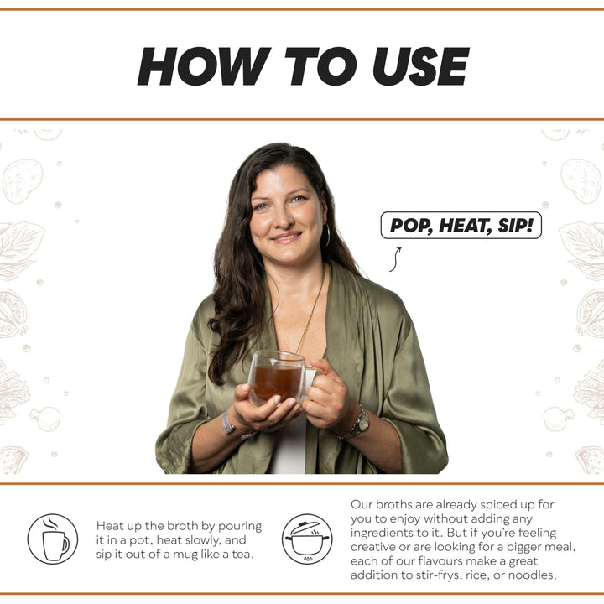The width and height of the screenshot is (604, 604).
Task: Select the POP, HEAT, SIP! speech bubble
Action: (x=461, y=226)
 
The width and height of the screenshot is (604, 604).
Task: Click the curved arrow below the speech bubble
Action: (x=394, y=258)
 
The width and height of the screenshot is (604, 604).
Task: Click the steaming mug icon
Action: (x=53, y=539)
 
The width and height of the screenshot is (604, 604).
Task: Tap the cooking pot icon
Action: (x=307, y=539)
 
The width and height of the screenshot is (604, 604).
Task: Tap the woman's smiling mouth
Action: (x=285, y=237)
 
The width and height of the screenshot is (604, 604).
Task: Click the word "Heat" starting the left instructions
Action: (x=112, y=526)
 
